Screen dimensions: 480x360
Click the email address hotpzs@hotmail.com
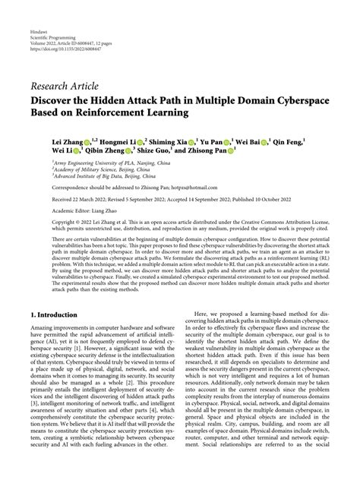[169, 188]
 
